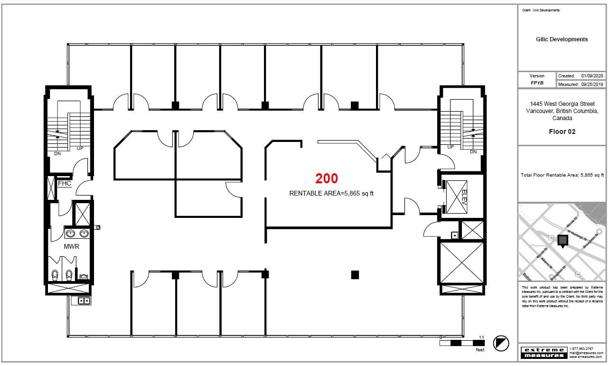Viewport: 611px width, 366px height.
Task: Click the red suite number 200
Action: pos(327,178)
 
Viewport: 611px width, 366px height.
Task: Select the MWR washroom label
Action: pos(71,247)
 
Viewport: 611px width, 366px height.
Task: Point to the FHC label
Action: pos(64,183)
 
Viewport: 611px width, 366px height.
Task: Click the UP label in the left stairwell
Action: pos(80,148)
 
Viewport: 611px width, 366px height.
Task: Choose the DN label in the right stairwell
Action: pos(473,152)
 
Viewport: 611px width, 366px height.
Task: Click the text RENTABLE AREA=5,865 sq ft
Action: pos(328,193)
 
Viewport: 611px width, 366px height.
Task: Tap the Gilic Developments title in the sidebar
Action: pos(562,39)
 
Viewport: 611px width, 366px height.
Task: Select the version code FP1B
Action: pos(536,83)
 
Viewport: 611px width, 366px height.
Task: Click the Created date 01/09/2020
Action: pos(592,76)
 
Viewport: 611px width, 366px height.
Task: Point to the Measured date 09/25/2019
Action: pos(592,84)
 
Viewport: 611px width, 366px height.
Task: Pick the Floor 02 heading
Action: pos(562,131)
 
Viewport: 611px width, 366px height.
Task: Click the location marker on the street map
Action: pos(563,241)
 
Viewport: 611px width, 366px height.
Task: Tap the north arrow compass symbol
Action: pos(501,343)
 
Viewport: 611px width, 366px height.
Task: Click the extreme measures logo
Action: pos(544,353)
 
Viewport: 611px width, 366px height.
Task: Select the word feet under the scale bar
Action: pos(480,350)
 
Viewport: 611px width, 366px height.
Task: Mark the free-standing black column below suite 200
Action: pos(355,274)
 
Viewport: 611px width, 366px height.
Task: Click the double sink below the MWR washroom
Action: pos(84,300)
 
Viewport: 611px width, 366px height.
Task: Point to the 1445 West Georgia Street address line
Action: pos(562,103)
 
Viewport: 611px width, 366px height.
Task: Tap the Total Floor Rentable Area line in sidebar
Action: pos(562,175)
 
